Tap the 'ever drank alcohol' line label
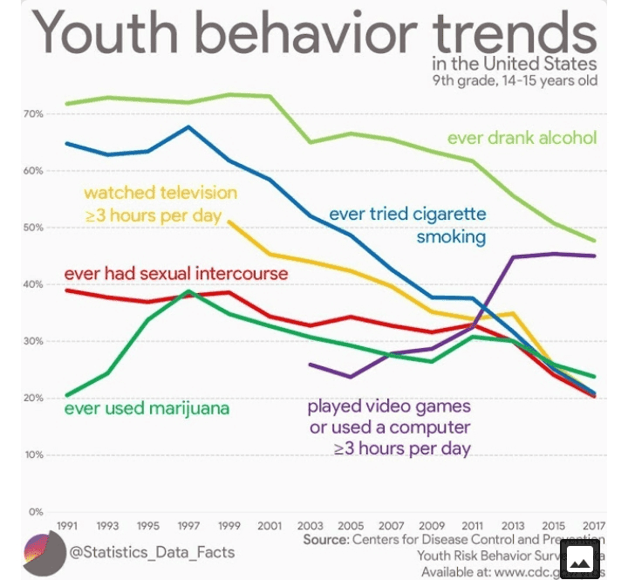pyautogui.click(x=522, y=138)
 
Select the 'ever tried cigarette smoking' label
pyautogui.click(x=407, y=225)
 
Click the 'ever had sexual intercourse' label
pyautogui.click(x=175, y=274)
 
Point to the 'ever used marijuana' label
pyautogui.click(x=147, y=408)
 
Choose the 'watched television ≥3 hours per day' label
pyautogui.click(x=160, y=203)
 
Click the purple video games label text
pyautogui.click(x=389, y=427)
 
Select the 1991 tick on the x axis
pyautogui.click(x=67, y=527)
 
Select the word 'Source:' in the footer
pyautogui.click(x=326, y=541)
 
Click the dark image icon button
pyautogui.click(x=581, y=558)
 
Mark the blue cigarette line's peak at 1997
pyautogui.click(x=188, y=127)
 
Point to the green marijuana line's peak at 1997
pyautogui.click(x=188, y=291)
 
